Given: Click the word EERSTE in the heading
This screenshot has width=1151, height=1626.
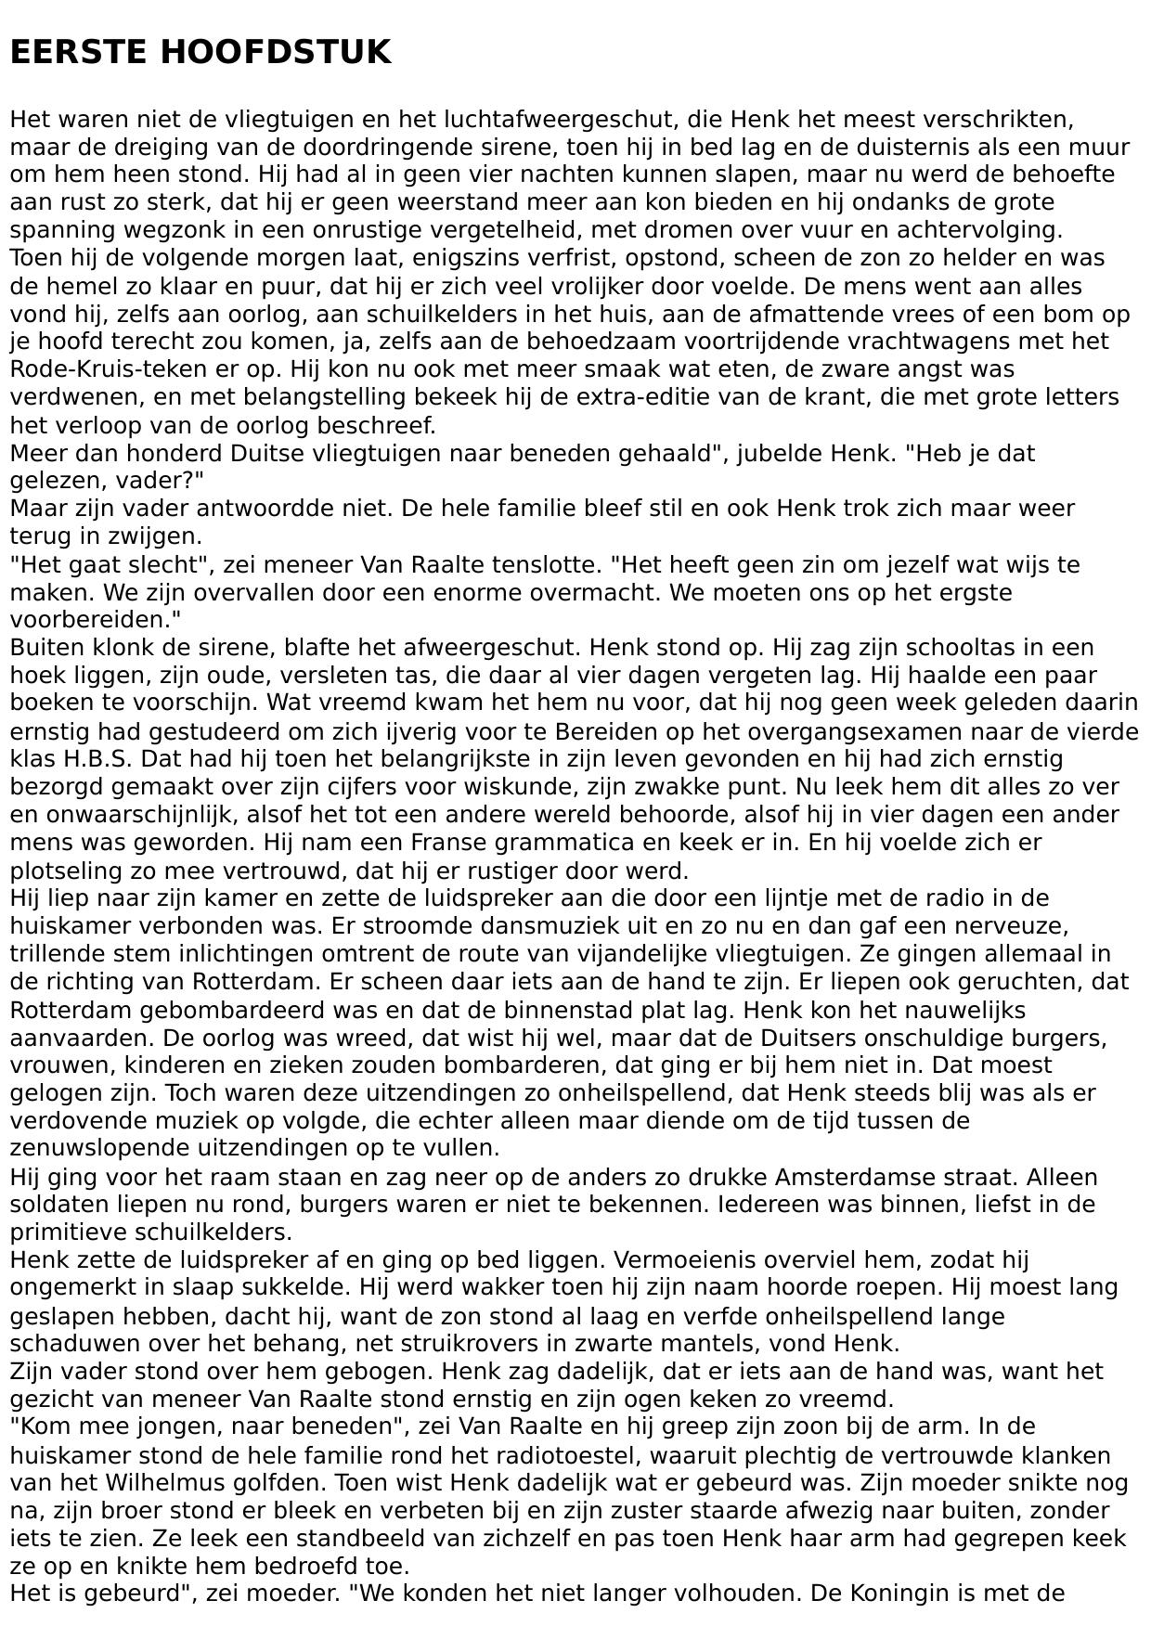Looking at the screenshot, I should (x=77, y=53).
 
